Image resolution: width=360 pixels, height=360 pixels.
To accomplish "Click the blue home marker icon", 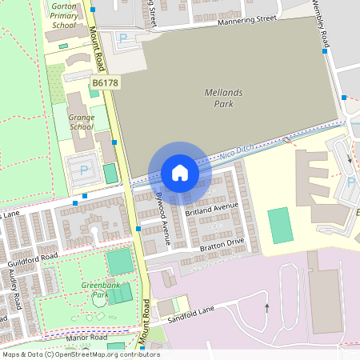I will [x=180, y=172].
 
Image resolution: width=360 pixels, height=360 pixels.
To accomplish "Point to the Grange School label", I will [x=82, y=122].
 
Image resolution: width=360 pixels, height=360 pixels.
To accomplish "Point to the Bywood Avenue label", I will [x=163, y=217].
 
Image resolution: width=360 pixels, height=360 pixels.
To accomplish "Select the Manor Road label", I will [x=87, y=338].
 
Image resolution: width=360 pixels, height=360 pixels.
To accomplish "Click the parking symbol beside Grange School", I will [x=84, y=170].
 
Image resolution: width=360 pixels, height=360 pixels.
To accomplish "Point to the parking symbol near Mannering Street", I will [x=123, y=38].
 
